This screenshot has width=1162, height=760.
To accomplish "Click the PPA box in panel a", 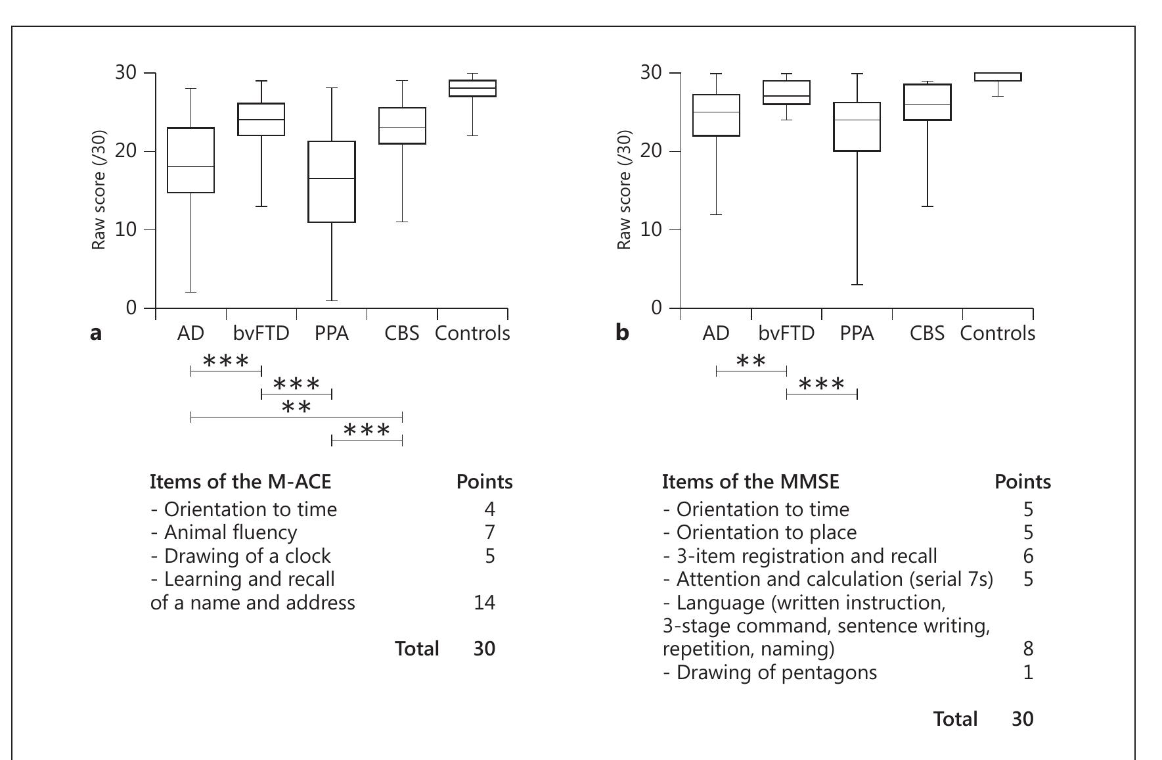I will [332, 181].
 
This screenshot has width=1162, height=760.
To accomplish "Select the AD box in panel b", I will [716, 115].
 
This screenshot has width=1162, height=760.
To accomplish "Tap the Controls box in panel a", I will [472, 88].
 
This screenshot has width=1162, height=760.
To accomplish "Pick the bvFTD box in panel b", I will [786, 93].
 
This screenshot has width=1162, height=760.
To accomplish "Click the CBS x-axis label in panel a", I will [402, 333].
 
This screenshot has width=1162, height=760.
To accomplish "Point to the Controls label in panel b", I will [997, 333].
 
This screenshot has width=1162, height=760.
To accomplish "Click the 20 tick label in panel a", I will [126, 151].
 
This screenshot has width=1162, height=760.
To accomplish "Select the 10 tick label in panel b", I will [652, 229].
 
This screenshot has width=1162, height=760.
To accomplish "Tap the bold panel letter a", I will [96, 333].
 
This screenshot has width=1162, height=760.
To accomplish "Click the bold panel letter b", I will [622, 333].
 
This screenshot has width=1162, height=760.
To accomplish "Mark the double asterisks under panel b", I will [751, 361].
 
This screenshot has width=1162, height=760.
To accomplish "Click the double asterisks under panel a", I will [296, 408].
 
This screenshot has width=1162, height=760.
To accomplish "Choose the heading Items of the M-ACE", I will [240, 482].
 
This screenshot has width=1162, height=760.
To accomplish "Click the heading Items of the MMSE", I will [751, 482].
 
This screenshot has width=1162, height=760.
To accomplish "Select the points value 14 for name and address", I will [484, 602].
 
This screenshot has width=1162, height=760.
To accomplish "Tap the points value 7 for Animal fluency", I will [489, 532].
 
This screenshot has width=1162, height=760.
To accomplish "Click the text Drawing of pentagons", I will [770, 673].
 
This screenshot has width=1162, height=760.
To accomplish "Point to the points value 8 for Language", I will [1027, 649].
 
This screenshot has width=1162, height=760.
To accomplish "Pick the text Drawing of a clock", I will [240, 556].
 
